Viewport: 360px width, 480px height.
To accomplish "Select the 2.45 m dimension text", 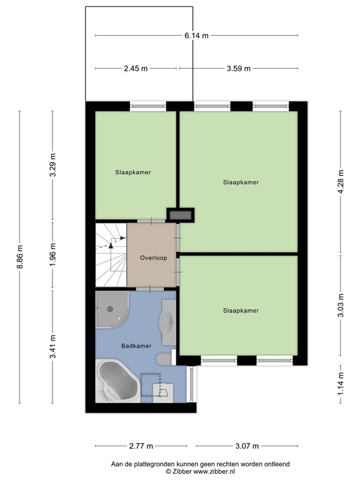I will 135,68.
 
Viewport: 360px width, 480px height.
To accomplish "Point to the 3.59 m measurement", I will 238,68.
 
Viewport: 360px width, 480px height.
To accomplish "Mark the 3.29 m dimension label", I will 53,165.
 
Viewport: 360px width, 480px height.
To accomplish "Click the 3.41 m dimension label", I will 53,347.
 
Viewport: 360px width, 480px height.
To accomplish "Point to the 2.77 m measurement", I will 140,446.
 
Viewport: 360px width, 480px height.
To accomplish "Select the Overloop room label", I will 153,257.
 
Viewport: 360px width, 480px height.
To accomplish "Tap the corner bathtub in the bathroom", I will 117,382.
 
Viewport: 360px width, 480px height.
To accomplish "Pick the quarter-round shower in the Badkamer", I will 111,309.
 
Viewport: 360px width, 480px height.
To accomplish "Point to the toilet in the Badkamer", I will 164,358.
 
